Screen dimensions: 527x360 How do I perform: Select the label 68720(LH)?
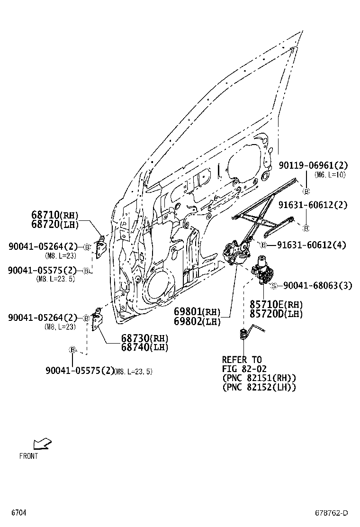pos(54,225)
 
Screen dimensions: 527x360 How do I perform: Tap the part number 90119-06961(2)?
pos(313,165)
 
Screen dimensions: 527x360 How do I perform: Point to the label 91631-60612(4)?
pos(311,245)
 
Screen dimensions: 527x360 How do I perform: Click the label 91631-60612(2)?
pos(313,205)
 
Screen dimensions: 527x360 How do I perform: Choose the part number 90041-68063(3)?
pos(318,285)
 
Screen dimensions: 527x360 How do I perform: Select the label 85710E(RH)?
pos(276,304)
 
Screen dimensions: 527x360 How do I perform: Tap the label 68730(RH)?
pos(144,338)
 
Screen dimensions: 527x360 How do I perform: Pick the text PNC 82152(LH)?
pos(259,387)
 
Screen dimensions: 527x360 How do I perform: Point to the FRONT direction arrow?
pos(42,445)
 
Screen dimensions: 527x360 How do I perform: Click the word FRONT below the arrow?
pos(28,456)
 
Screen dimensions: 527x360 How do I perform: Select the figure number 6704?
pos(18,513)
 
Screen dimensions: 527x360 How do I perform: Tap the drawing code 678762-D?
pos(332,513)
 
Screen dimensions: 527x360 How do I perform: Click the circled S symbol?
pos(273,286)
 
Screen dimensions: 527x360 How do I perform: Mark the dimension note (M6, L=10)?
pos(330,175)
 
